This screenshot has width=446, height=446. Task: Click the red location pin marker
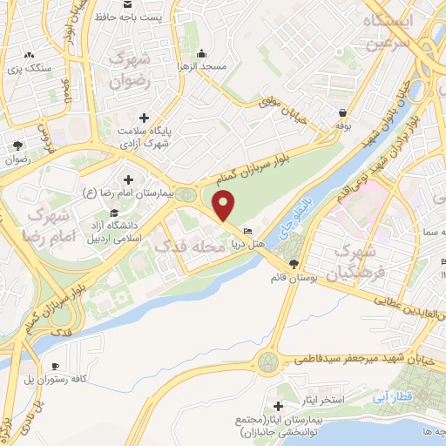[x=225, y=206]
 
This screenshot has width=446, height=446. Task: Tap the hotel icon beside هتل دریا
[x=248, y=233]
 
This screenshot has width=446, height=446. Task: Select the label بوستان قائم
[x=292, y=279]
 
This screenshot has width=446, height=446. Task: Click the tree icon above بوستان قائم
[x=293, y=263]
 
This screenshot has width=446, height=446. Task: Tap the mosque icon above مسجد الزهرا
[x=202, y=52]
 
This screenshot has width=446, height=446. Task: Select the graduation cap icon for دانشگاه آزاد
[x=113, y=213]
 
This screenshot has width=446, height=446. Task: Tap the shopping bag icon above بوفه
[x=345, y=113]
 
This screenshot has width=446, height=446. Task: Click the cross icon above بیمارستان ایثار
[x=278, y=406]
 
